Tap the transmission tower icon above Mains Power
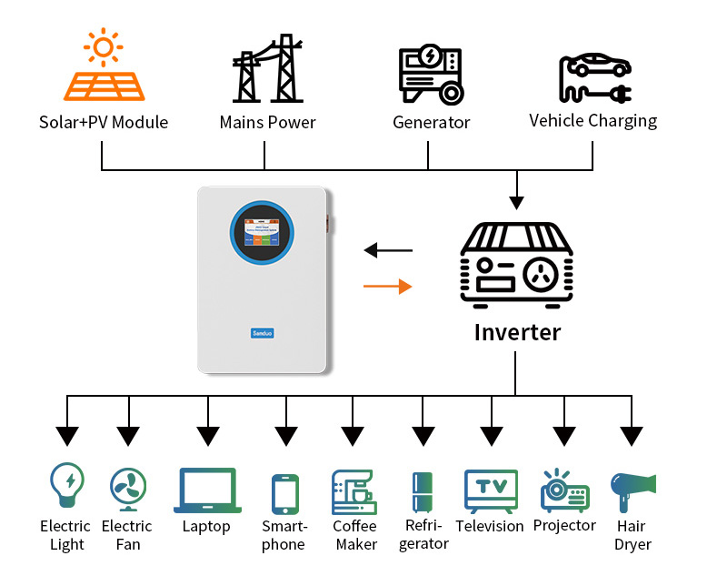click(x=267, y=68)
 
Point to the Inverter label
click(x=517, y=331)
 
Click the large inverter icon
click(x=517, y=264)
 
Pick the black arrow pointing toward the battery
click(x=387, y=249)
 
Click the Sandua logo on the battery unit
click(x=262, y=333)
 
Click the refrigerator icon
click(x=423, y=493)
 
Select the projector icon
click(x=564, y=490)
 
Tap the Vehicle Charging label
click(x=593, y=120)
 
